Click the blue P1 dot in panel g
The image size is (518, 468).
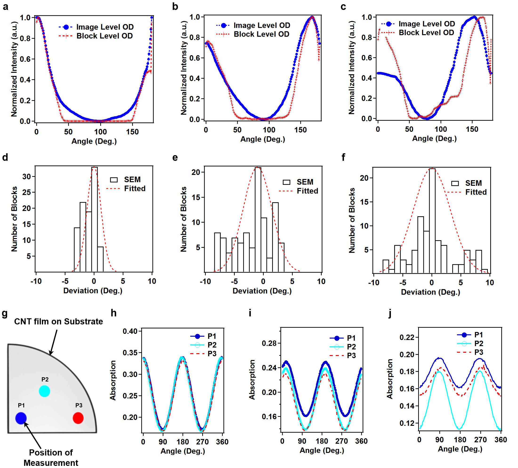point(21,418)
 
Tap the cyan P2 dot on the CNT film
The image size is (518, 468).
point(45,391)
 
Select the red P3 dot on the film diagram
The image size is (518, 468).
point(78,418)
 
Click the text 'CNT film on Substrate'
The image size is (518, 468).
point(58,321)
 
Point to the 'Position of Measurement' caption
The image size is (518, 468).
point(51,457)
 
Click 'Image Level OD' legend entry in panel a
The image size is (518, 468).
point(105,27)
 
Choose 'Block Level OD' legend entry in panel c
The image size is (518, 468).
point(426,33)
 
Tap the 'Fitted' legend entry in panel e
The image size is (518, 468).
point(307,191)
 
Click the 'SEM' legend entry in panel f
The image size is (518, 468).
point(473,183)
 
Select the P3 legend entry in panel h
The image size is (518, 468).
point(212,354)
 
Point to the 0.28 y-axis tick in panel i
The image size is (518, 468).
point(269,343)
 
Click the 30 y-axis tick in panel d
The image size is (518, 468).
point(26,176)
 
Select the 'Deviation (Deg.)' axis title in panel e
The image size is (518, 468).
point(262,291)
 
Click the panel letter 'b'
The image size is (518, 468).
point(175,6)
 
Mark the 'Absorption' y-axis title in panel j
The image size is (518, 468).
point(390,379)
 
